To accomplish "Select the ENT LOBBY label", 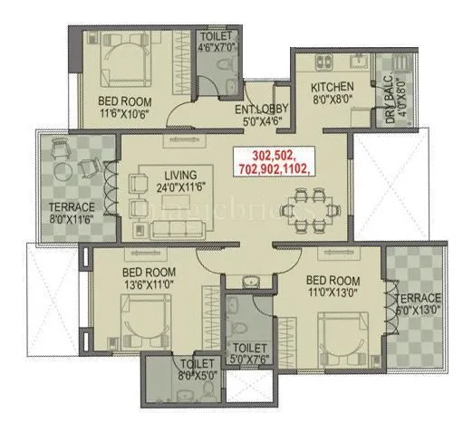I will click(x=265, y=102).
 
